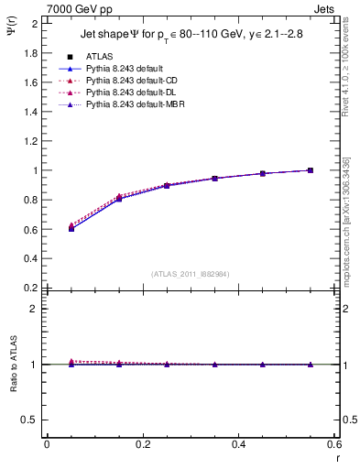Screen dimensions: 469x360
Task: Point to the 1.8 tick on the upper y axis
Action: tap(29, 53)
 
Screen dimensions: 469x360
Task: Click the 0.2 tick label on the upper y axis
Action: tap(29, 288)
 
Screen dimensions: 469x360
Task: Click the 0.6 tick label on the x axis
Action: tap(334, 445)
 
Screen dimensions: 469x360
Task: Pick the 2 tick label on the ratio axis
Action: tap(34, 309)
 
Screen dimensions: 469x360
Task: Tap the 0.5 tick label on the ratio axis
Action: tap(29, 420)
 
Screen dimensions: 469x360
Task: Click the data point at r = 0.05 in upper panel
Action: tap(71, 228)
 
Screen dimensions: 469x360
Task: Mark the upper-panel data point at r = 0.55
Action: tap(311, 170)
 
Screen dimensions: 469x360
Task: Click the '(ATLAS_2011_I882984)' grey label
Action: tap(191, 273)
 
